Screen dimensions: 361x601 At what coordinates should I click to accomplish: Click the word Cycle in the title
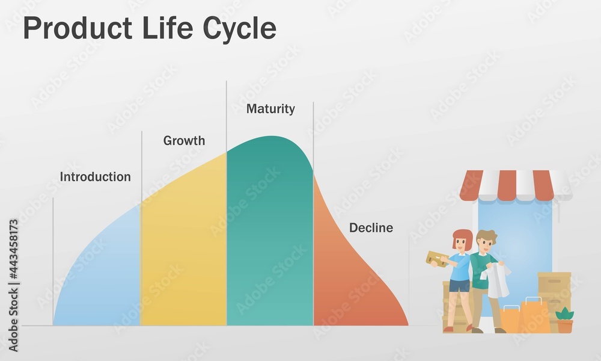tap(239, 29)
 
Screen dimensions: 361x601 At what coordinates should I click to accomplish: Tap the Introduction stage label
tap(95, 177)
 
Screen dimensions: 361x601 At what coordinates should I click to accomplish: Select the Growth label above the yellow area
tap(184, 141)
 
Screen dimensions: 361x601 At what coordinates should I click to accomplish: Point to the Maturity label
tap(270, 109)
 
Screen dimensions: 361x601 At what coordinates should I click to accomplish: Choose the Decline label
tap(371, 228)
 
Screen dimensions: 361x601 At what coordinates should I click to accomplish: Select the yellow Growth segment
tap(183, 253)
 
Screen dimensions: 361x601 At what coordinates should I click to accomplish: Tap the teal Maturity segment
tap(269, 241)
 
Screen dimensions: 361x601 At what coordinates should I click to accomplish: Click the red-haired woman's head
tap(462, 241)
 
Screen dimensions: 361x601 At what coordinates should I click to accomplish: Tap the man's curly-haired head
tap(486, 241)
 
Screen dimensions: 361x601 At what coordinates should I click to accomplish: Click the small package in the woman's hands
tap(436, 258)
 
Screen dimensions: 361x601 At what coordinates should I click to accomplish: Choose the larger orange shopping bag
tap(534, 316)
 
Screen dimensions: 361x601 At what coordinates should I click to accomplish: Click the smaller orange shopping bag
tap(510, 319)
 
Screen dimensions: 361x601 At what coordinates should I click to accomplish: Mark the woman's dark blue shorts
tap(459, 286)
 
